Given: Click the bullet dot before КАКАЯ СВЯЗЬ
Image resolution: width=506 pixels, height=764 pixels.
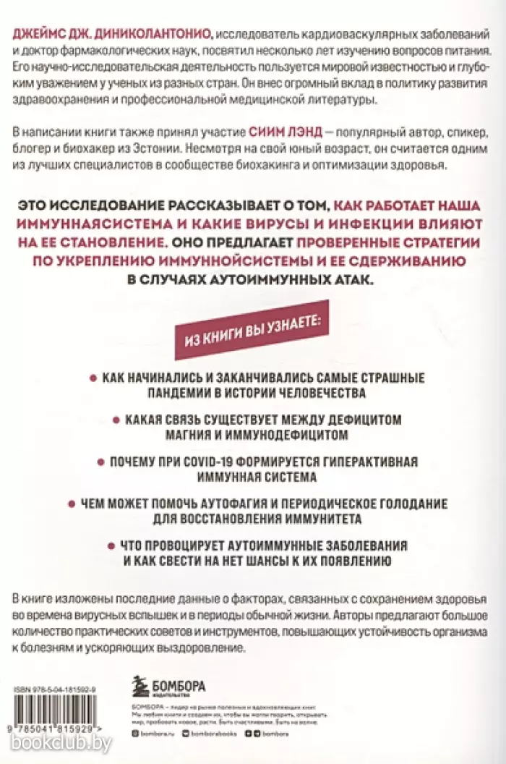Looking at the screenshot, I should coord(114,420).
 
